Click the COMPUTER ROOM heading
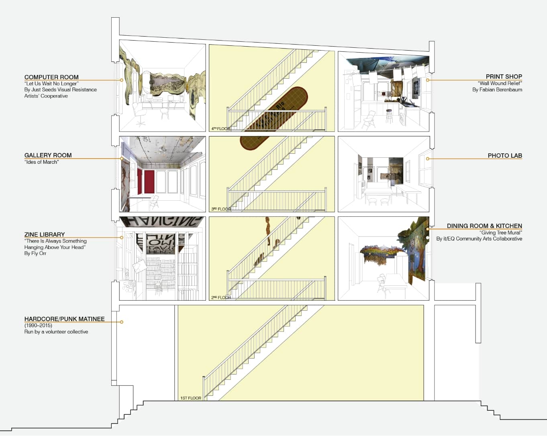(51, 77)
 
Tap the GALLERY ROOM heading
(48, 155)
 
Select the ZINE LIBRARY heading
(45, 234)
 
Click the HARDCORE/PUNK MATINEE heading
(64, 319)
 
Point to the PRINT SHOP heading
(504, 77)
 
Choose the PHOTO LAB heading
(504, 156)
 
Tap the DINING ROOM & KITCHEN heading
(484, 226)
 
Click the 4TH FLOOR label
(220, 129)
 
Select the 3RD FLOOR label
(221, 209)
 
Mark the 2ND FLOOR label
(221, 297)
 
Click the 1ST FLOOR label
(190, 398)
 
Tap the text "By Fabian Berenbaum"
(497, 90)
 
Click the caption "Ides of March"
(41, 162)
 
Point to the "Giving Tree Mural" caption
(500, 233)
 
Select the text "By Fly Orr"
(35, 254)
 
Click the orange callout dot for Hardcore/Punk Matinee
(122, 322)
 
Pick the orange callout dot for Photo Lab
(428, 159)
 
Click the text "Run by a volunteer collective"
(56, 332)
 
